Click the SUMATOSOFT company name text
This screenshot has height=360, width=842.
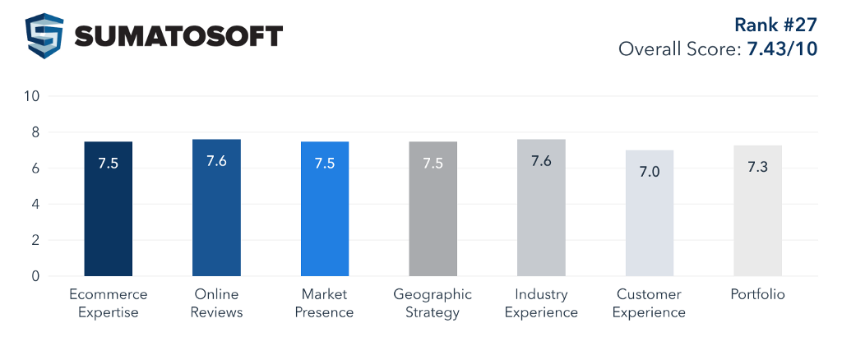[x=178, y=36]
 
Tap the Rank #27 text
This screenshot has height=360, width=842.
[x=775, y=23]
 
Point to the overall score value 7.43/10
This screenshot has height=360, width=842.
[x=781, y=48]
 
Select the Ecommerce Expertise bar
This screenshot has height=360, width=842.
[x=109, y=209]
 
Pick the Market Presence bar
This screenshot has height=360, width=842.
[x=325, y=209]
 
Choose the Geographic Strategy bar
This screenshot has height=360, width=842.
[x=433, y=209]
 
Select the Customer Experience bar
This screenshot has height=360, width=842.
[x=650, y=213]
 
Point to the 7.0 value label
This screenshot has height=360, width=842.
[x=650, y=171]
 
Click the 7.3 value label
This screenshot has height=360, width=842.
[x=757, y=166]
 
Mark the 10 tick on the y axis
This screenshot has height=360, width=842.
[x=32, y=96]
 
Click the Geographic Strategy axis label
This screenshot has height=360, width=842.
[x=433, y=303]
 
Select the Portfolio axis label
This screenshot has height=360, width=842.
[x=757, y=294]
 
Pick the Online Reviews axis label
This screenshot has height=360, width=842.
[x=216, y=303]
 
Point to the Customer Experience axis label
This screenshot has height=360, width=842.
[x=650, y=303]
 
